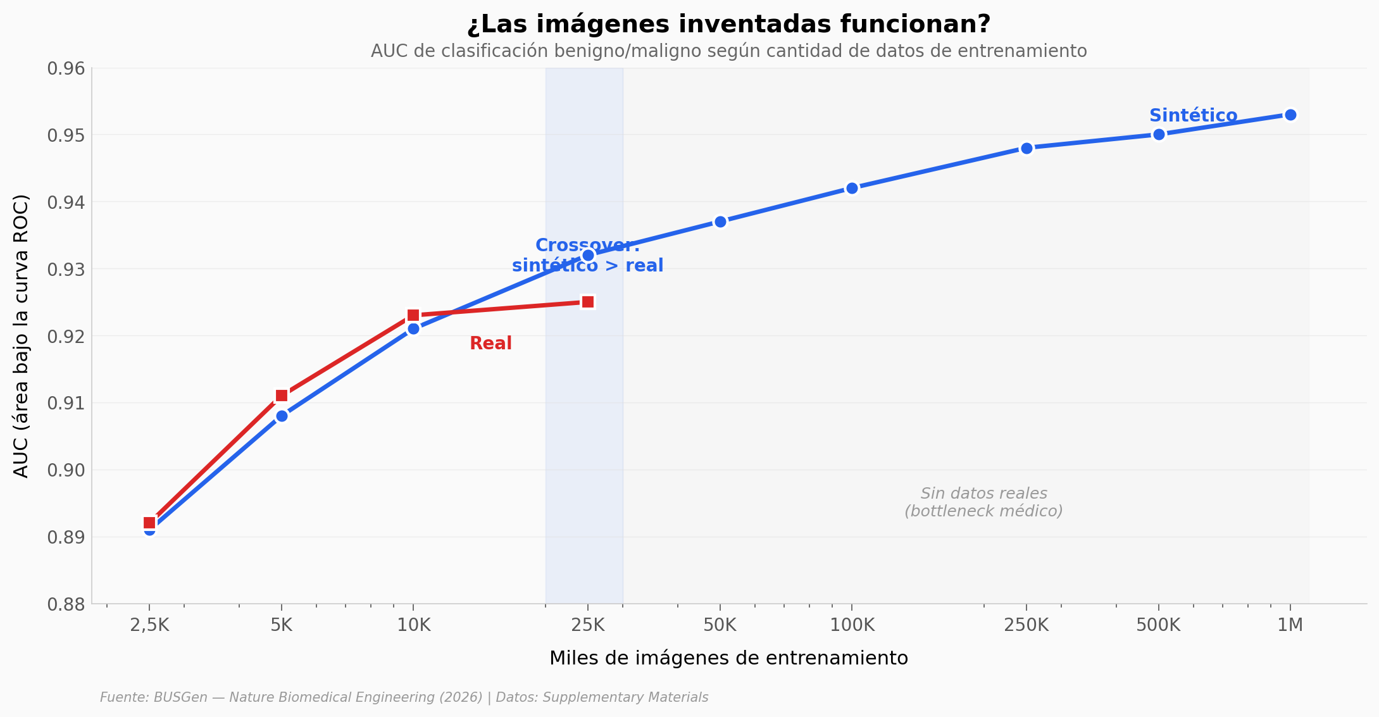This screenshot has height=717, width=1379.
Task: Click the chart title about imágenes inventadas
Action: tap(728, 25)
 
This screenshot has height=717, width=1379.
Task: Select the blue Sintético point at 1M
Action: tap(1290, 115)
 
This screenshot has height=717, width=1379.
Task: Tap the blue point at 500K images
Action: tap(1159, 134)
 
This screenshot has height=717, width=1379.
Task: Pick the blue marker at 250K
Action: tap(1026, 148)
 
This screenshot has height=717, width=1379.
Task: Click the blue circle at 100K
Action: tap(852, 188)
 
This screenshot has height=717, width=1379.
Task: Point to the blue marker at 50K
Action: tap(720, 221)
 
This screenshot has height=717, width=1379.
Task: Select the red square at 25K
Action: tap(588, 302)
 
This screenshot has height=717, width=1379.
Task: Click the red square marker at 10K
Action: tap(413, 315)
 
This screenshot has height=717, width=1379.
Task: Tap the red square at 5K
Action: tap(282, 396)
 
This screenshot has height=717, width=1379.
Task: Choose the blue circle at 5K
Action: tap(282, 416)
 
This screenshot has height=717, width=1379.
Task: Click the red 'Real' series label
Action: tap(490, 344)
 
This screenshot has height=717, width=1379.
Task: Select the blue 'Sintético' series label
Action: tap(1193, 116)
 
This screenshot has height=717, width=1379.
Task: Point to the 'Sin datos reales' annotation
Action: tap(983, 502)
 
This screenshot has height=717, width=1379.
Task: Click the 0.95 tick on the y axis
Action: tap(66, 135)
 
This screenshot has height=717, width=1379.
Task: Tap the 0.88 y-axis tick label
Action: tap(66, 604)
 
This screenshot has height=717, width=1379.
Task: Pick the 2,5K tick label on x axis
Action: tap(149, 625)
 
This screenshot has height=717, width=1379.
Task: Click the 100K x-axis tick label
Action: tap(852, 625)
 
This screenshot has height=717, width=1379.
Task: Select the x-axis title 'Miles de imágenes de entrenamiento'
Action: tap(728, 658)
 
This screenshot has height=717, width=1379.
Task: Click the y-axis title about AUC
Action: tap(21, 336)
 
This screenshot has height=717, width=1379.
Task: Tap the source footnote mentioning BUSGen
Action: tap(404, 697)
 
